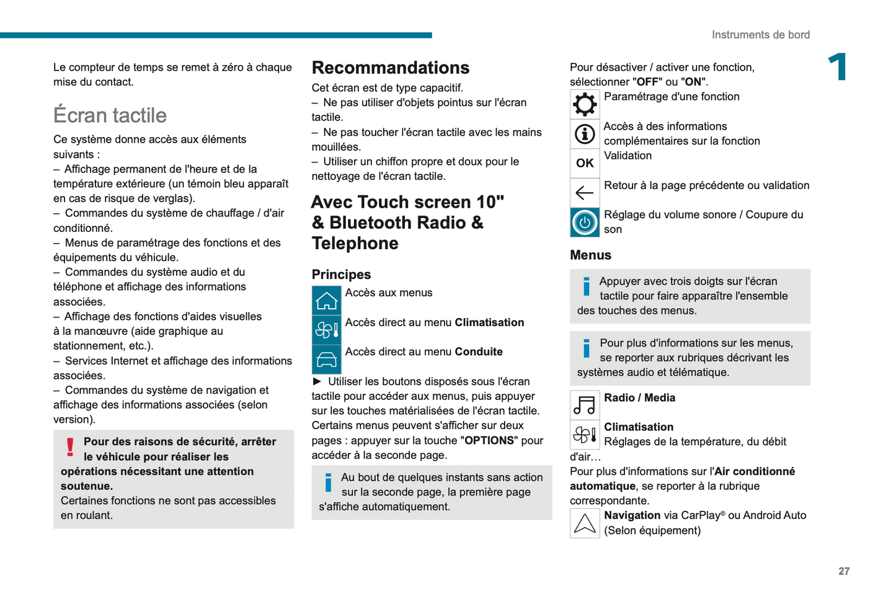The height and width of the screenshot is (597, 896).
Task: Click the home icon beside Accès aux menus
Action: [326, 301]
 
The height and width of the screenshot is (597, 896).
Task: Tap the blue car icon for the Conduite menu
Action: [326, 360]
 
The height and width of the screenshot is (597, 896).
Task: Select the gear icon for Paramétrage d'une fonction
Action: [584, 104]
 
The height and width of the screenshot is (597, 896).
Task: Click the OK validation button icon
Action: [584, 163]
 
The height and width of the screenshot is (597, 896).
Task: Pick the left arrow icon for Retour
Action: [584, 193]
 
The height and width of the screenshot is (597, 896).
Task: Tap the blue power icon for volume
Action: [584, 222]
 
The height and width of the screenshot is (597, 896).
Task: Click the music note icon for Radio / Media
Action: [584, 405]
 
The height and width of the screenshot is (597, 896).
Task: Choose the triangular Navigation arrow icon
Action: [584, 523]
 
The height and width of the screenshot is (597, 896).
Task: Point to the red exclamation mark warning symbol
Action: [70, 447]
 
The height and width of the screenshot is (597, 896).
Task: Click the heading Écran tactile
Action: [110, 115]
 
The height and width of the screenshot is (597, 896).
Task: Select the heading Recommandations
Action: [390, 68]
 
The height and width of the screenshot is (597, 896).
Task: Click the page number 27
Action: [843, 571]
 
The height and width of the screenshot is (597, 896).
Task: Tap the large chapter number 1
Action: [838, 67]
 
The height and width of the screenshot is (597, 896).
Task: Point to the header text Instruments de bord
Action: [760, 35]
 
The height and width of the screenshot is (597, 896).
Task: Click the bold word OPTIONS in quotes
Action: [489, 440]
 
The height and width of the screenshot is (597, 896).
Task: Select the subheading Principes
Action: [341, 275]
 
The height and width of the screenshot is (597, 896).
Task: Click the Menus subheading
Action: [590, 255]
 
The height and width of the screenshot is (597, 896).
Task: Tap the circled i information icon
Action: [584, 134]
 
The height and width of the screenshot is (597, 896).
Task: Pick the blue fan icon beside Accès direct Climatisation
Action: [326, 330]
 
